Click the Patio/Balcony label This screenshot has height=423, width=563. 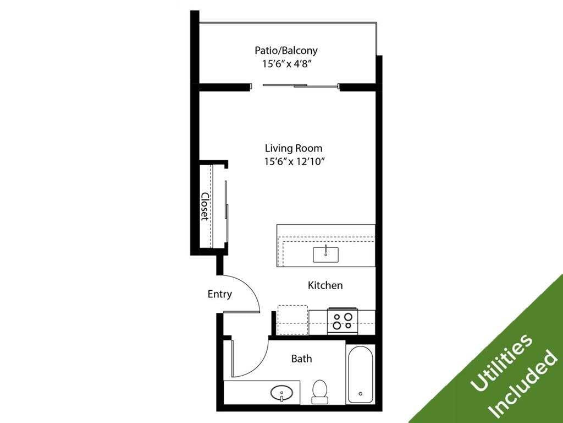[x=286, y=50]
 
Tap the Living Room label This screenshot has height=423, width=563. [x=294, y=148]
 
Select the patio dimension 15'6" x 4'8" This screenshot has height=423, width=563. [x=286, y=63]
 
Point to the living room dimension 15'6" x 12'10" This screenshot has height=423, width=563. [x=294, y=161]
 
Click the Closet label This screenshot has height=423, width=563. [x=205, y=207]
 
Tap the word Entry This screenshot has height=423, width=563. [x=219, y=294]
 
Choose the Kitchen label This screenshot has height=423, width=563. [x=325, y=285]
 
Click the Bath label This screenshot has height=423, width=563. [x=301, y=359]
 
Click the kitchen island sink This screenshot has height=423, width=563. [x=326, y=254]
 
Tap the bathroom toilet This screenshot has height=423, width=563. [x=319, y=390]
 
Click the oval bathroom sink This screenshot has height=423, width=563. [x=283, y=393]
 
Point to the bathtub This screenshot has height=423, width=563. [x=361, y=374]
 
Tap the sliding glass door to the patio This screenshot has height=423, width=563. [x=300, y=85]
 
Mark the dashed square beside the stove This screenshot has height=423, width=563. [x=292, y=320]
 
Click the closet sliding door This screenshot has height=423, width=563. [x=226, y=207]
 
